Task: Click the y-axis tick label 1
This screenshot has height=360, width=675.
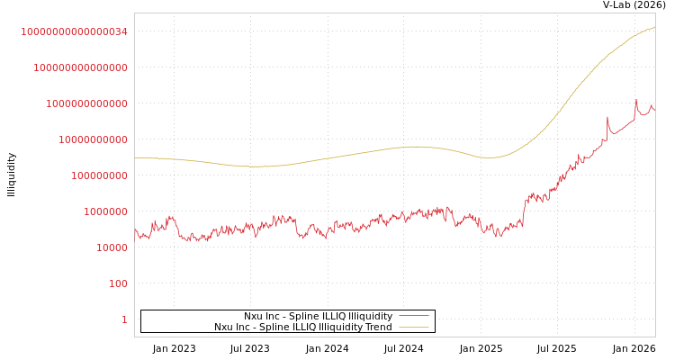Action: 124,319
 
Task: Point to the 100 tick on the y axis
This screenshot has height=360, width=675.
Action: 119,283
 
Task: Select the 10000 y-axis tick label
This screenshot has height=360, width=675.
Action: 112,247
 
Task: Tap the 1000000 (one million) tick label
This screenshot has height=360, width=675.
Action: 105,211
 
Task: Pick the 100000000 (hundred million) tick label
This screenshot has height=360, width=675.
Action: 99,175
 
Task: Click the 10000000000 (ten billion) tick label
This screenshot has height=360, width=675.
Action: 93,139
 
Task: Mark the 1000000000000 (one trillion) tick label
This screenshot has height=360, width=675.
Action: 86,103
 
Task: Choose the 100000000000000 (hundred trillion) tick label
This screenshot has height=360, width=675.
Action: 80,67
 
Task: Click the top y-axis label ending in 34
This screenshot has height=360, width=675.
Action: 74,31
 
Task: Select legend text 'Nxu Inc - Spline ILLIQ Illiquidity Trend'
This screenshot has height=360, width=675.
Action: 302,328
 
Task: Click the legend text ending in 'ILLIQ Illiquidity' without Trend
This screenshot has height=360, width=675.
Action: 318,317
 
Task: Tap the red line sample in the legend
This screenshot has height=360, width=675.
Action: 413,317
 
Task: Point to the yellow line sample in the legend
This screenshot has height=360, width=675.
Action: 413,328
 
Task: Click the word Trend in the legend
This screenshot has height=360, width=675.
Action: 378,328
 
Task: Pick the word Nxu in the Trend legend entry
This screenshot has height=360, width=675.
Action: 224,328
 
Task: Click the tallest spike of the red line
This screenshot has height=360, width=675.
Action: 635,100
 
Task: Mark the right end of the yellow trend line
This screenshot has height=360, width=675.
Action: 654,28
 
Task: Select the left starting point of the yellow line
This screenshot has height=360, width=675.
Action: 135,158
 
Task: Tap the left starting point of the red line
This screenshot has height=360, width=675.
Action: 135,230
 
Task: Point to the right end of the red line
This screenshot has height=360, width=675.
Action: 654,109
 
